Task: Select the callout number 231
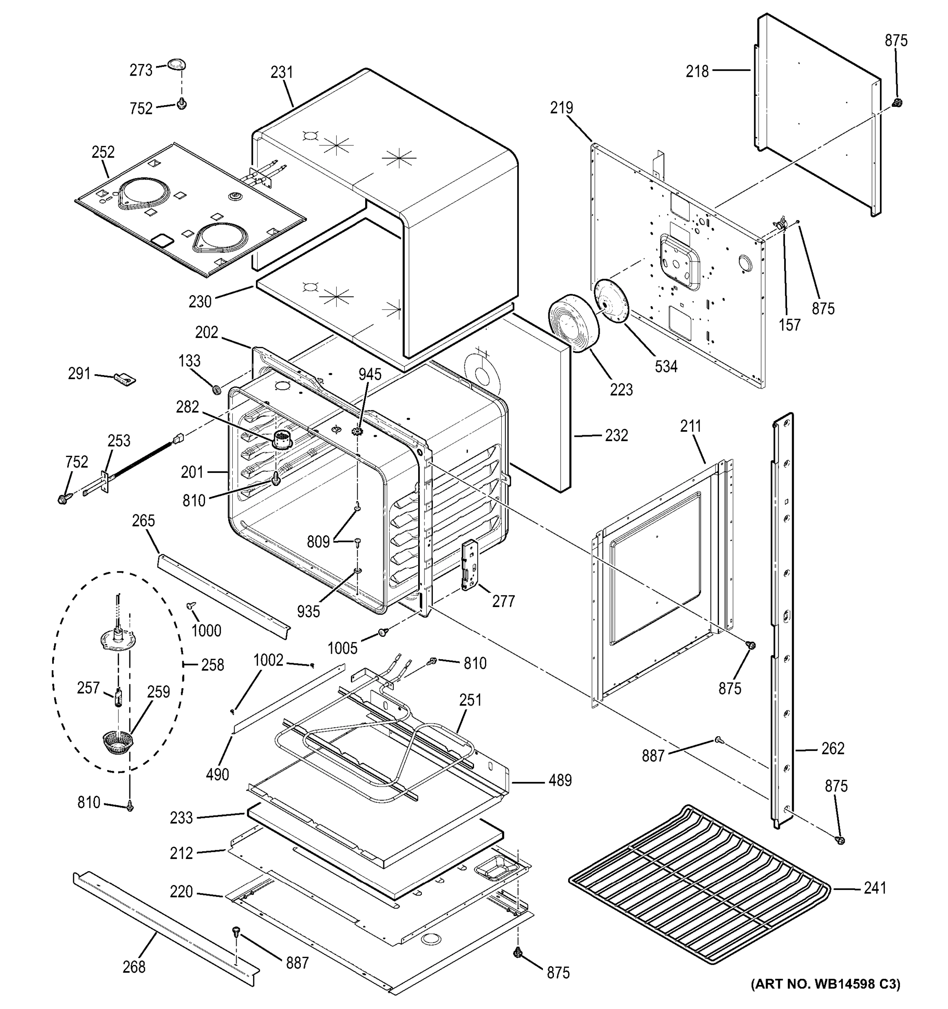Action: (x=282, y=73)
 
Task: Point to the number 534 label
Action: (x=666, y=367)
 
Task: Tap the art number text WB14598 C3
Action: (x=825, y=984)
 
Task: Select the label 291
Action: (x=79, y=374)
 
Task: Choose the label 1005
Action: (x=342, y=648)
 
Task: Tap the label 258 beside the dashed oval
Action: (x=213, y=665)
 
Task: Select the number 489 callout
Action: (x=560, y=781)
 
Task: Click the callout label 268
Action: (x=134, y=967)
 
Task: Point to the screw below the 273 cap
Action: (x=182, y=104)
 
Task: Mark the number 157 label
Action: (x=789, y=325)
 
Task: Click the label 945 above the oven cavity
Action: (x=370, y=375)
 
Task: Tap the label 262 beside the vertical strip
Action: (x=833, y=749)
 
